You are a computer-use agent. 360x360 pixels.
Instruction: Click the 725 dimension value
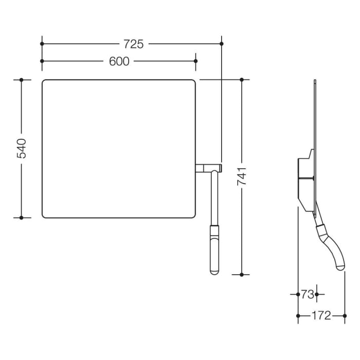(133, 44)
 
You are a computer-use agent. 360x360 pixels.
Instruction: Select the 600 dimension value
(119, 61)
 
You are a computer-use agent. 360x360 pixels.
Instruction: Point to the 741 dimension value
(242, 176)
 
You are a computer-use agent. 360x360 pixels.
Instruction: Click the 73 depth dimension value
(307, 295)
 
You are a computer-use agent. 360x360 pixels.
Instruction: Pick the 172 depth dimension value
(321, 316)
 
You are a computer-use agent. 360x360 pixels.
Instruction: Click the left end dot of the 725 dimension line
(42, 44)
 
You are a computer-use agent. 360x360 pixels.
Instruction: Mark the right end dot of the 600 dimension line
(195, 61)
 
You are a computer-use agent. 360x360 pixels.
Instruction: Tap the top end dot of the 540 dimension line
(22, 80)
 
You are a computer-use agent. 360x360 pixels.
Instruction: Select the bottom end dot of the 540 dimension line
(22, 217)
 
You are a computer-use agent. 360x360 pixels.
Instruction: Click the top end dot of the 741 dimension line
(242, 80)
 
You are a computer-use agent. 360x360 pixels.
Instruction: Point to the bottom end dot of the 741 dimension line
(242, 275)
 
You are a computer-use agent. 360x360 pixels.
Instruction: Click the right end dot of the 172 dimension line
(345, 315)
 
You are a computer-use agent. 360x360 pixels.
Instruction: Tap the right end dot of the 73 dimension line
(316, 295)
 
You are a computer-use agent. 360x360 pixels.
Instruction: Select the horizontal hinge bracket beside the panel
(209, 168)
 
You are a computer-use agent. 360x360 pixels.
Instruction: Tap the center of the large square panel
(119, 149)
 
